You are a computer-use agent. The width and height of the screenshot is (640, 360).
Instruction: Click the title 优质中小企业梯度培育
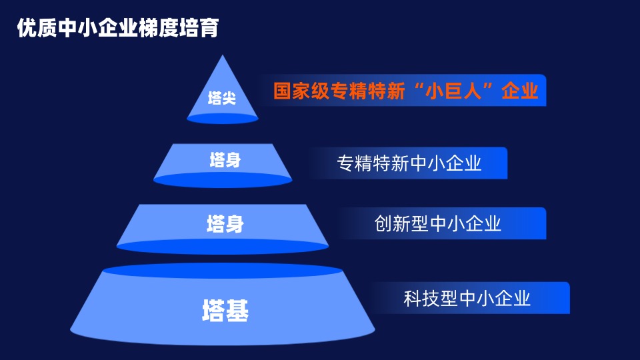[118, 28]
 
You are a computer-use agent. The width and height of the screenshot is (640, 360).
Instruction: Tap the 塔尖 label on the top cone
[222, 98]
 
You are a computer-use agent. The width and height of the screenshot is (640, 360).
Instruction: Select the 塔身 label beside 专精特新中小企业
[225, 159]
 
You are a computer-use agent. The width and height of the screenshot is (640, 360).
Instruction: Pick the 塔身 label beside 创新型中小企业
[225, 224]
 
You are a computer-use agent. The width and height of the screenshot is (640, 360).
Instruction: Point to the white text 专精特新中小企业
[409, 163]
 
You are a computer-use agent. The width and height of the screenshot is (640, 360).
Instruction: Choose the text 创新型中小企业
[437, 223]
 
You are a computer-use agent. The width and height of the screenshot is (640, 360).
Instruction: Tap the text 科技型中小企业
[467, 298]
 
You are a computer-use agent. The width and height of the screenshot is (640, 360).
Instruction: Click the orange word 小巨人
[453, 91]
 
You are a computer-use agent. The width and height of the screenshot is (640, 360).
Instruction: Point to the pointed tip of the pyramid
[223, 55]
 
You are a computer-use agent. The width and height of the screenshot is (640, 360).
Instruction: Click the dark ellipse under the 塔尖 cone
[223, 119]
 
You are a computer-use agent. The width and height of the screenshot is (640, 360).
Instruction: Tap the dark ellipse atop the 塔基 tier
[223, 271]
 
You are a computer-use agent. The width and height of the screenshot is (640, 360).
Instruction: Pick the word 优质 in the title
[37, 28]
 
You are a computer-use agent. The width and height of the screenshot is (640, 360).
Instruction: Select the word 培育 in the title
[199, 28]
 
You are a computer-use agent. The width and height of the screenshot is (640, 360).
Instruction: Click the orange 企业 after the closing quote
[519, 91]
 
